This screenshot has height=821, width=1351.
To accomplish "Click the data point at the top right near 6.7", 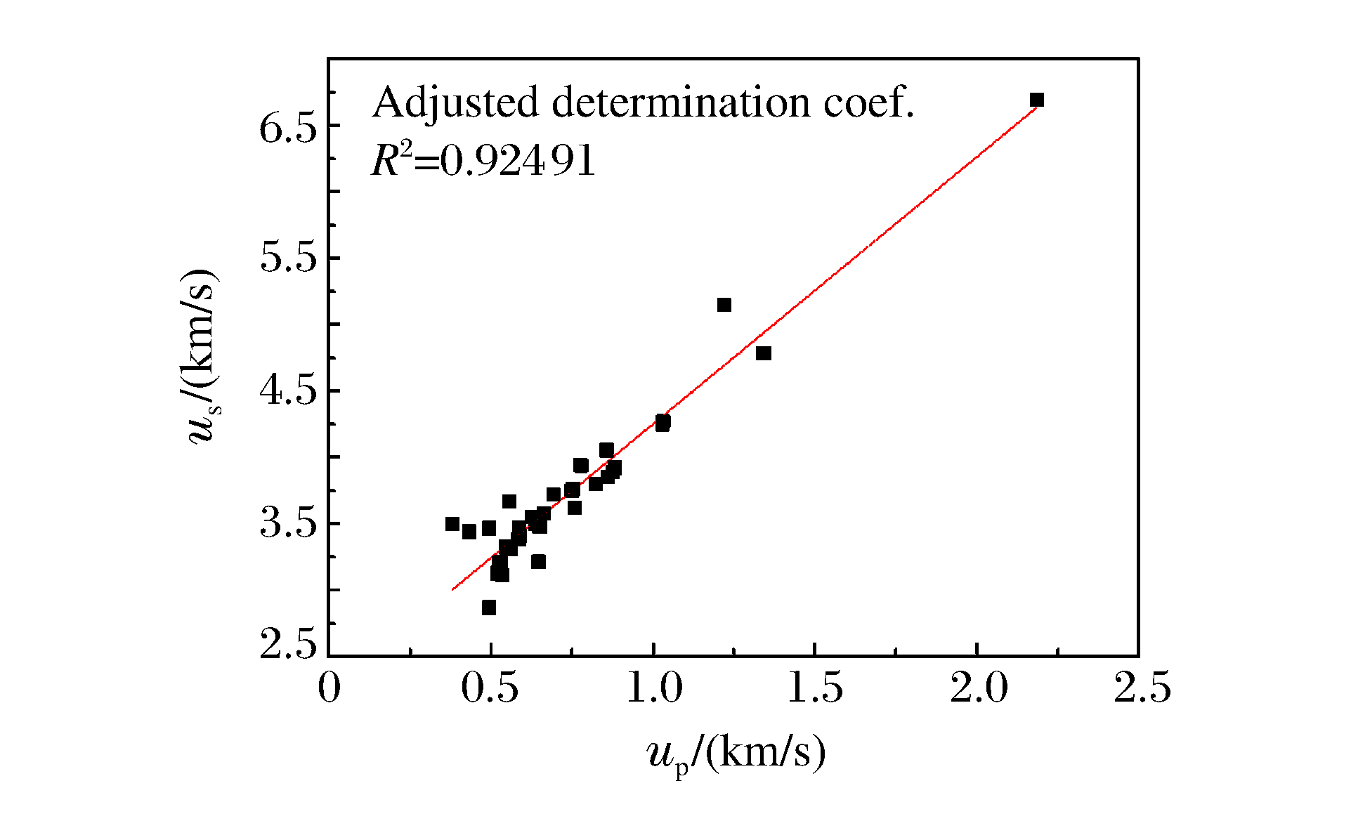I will click(x=1037, y=100).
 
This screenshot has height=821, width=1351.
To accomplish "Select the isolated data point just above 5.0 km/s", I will click(x=724, y=305).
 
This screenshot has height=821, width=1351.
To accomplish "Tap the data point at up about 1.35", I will click(x=764, y=353).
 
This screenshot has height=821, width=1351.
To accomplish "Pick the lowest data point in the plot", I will click(x=489, y=607).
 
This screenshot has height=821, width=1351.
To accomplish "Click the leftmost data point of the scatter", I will click(x=452, y=524).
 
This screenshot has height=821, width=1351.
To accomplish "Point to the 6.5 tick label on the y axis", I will click(x=289, y=128).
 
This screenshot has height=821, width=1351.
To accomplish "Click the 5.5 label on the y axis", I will click(x=289, y=259).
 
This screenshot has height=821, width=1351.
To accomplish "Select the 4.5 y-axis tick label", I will click(x=289, y=392).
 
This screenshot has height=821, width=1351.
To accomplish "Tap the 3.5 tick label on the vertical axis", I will click(x=289, y=525).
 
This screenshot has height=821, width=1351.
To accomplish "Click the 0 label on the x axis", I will click(x=329, y=688).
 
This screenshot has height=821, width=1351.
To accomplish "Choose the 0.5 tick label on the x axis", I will click(x=490, y=688).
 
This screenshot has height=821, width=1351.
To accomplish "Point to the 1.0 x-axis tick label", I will click(x=653, y=688).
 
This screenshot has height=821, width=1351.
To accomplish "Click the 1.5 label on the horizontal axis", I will click(x=815, y=688).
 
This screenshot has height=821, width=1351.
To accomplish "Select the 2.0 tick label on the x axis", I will click(x=978, y=688).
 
